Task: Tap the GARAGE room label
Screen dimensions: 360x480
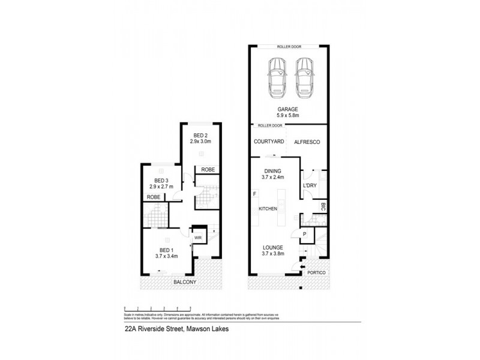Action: click(x=289, y=109)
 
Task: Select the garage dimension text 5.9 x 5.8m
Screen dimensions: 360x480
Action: click(x=289, y=116)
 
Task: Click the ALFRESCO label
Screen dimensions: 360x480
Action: click(x=308, y=142)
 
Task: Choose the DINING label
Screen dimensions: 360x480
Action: click(x=273, y=170)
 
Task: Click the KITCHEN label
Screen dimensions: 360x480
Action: click(x=268, y=208)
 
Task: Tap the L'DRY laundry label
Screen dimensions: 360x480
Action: click(x=310, y=185)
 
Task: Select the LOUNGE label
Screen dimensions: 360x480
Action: click(x=273, y=247)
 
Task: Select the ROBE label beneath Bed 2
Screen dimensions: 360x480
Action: click(x=208, y=169)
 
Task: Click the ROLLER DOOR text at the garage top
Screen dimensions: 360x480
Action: click(x=289, y=46)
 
